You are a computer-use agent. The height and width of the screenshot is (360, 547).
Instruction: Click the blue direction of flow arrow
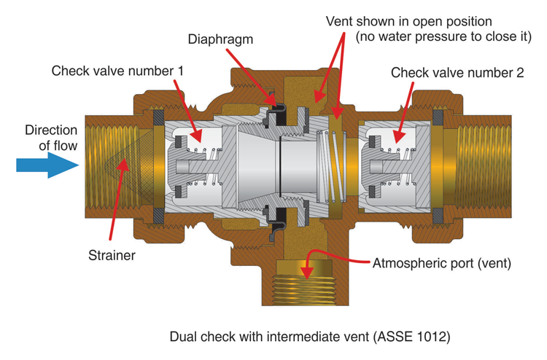coord(48,165)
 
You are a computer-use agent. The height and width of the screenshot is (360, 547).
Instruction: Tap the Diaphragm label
coord(220,39)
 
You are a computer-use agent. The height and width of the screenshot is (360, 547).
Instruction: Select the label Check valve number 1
coord(117,71)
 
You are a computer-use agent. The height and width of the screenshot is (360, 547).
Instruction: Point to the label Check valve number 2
coord(457,73)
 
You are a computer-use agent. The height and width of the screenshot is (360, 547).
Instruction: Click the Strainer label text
coord(112,256)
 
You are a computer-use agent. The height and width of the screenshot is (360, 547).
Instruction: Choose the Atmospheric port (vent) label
coord(442,263)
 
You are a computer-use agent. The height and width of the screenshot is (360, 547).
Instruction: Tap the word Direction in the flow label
coord(51,130)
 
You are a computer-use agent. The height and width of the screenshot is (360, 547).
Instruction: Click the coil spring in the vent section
coord(331,166)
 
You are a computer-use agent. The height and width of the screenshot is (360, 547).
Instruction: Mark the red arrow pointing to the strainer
coord(117,199)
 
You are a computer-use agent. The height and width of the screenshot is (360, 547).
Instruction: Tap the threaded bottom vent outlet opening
coord(305,290)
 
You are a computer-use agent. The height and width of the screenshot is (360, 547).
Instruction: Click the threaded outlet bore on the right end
coord(483,166)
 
